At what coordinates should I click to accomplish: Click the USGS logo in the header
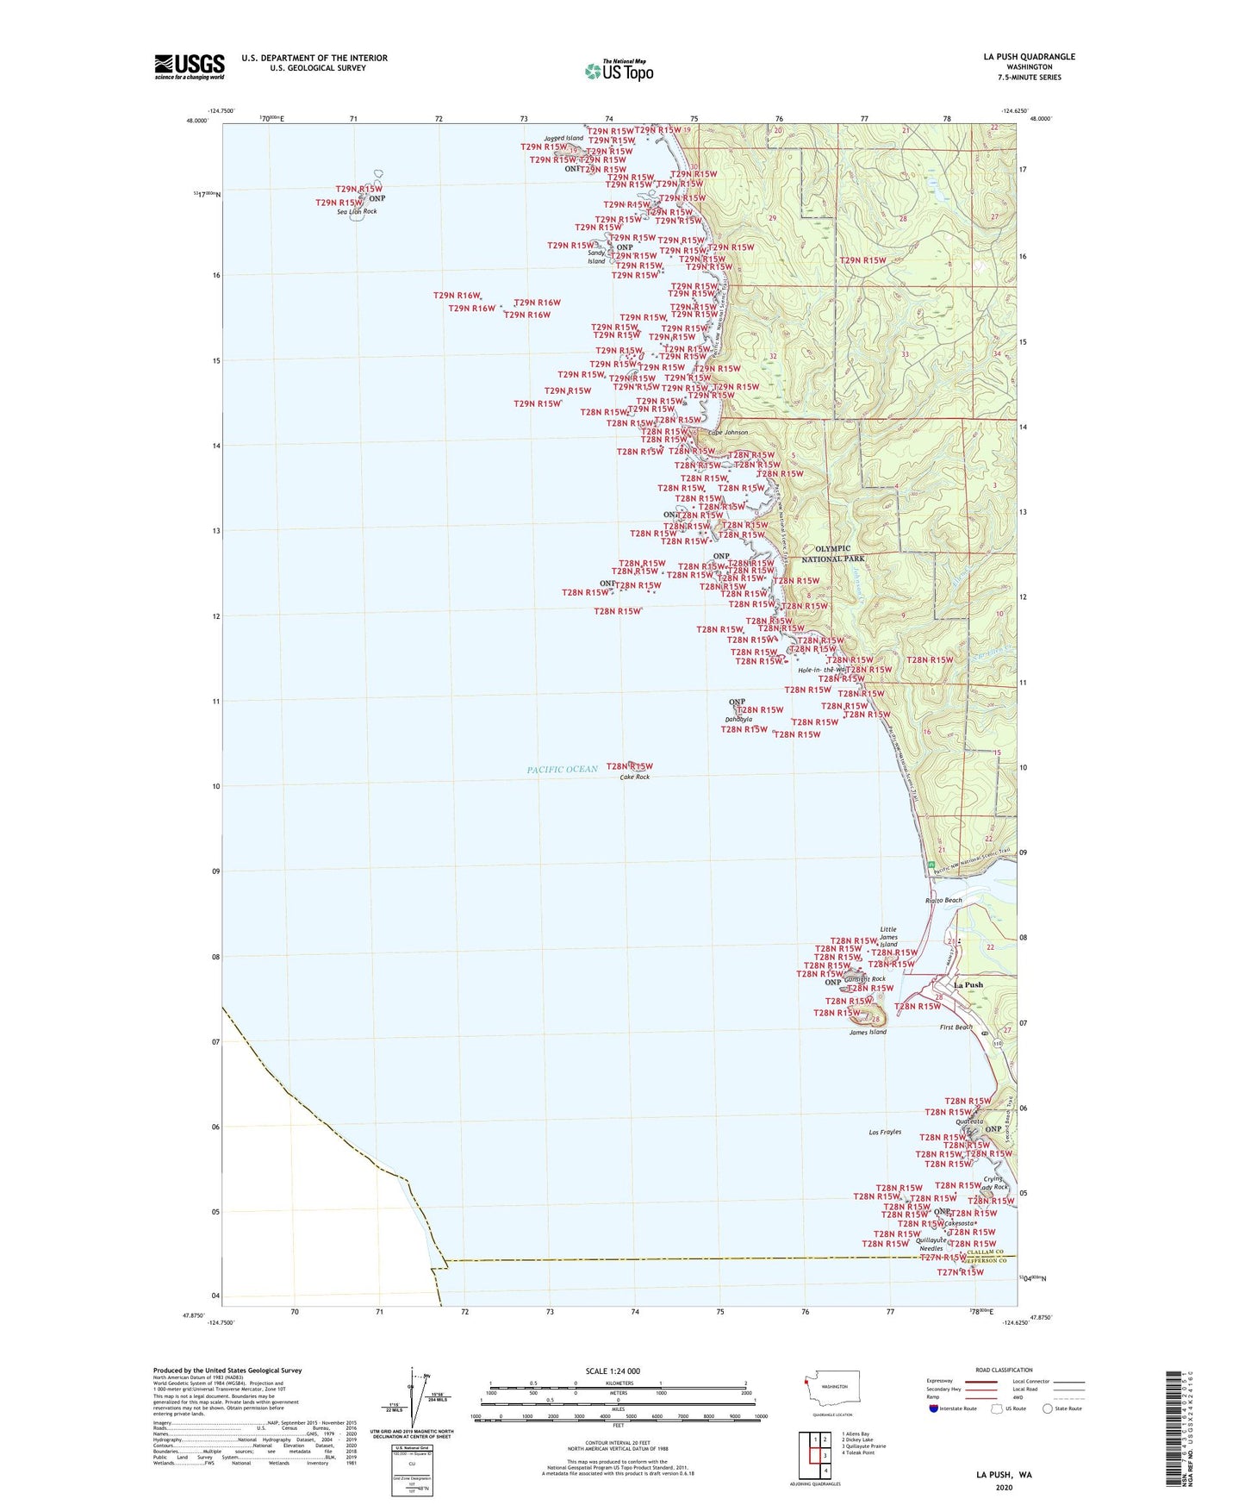click(x=190, y=66)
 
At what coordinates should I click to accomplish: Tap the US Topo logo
click(x=618, y=72)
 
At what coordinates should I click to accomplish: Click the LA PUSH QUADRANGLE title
click(x=1029, y=57)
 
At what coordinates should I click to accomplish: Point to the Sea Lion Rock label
click(x=358, y=211)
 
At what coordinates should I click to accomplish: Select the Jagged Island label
click(x=563, y=138)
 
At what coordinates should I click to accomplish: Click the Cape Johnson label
click(x=728, y=433)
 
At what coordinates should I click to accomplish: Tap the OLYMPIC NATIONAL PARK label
click(x=833, y=553)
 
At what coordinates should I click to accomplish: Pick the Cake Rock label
click(x=635, y=777)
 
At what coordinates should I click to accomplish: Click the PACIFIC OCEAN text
click(x=562, y=770)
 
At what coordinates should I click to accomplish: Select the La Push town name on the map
click(x=968, y=984)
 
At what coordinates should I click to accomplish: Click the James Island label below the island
click(x=868, y=1032)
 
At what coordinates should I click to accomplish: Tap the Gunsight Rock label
click(x=865, y=979)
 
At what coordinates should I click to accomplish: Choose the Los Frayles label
click(x=884, y=1132)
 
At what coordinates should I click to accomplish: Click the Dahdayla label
click(x=738, y=719)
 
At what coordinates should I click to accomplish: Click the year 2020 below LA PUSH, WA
click(x=1004, y=1487)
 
